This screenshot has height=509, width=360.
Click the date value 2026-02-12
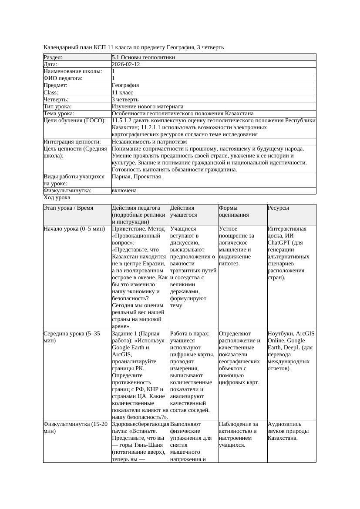(x=126, y=64)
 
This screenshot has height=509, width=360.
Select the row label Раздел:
(x=53, y=57)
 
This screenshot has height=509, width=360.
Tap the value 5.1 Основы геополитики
(x=143, y=57)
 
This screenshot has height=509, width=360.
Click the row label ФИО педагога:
(x=63, y=78)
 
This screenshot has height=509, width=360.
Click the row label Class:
(x=51, y=93)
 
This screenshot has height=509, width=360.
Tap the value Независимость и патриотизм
(x=149, y=142)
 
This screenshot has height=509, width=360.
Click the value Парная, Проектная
(x=136, y=177)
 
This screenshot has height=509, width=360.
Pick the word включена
(x=124, y=191)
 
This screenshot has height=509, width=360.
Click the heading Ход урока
(x=57, y=198)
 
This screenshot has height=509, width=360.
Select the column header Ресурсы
(x=279, y=208)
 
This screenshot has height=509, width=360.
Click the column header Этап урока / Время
(x=68, y=208)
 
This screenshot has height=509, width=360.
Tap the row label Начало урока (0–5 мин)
(x=74, y=229)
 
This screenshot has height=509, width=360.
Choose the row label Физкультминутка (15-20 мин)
(x=75, y=428)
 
